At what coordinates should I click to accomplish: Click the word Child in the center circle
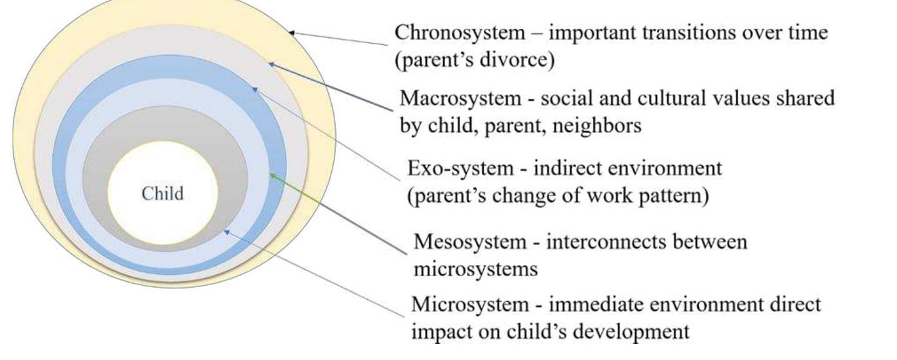[x=163, y=193]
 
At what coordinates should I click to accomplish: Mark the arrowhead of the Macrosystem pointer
[x=270, y=63]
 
